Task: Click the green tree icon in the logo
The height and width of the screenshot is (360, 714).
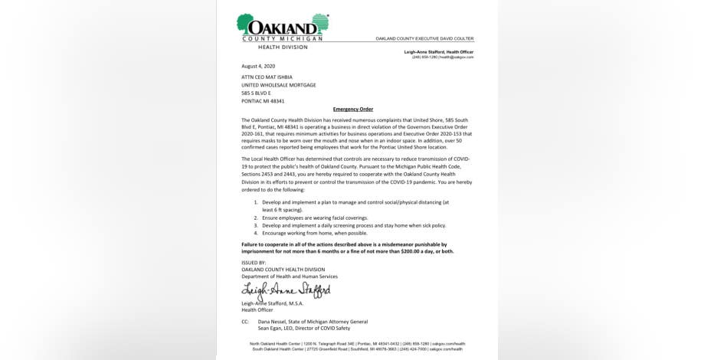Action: click(x=247, y=25)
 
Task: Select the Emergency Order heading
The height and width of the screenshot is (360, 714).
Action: click(x=352, y=110)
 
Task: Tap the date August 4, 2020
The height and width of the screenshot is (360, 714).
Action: click(x=258, y=66)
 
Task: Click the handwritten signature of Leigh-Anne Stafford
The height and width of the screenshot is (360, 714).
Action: click(x=285, y=291)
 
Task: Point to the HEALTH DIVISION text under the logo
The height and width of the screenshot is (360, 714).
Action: click(x=282, y=47)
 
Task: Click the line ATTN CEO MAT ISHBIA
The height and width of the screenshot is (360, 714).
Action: click(x=267, y=77)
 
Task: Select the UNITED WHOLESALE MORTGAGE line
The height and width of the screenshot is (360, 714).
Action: click(x=278, y=85)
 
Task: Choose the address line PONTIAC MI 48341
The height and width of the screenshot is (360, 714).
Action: click(x=263, y=101)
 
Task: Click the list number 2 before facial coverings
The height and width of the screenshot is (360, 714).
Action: click(x=256, y=218)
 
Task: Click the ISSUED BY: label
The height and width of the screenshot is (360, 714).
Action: click(x=254, y=263)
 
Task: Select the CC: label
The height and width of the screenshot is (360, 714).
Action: click(x=245, y=322)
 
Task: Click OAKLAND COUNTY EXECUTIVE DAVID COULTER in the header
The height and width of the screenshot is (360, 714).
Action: click(x=424, y=38)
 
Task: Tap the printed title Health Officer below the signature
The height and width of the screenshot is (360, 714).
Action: click(x=257, y=310)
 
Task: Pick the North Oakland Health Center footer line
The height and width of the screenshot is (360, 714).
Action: click(x=357, y=343)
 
